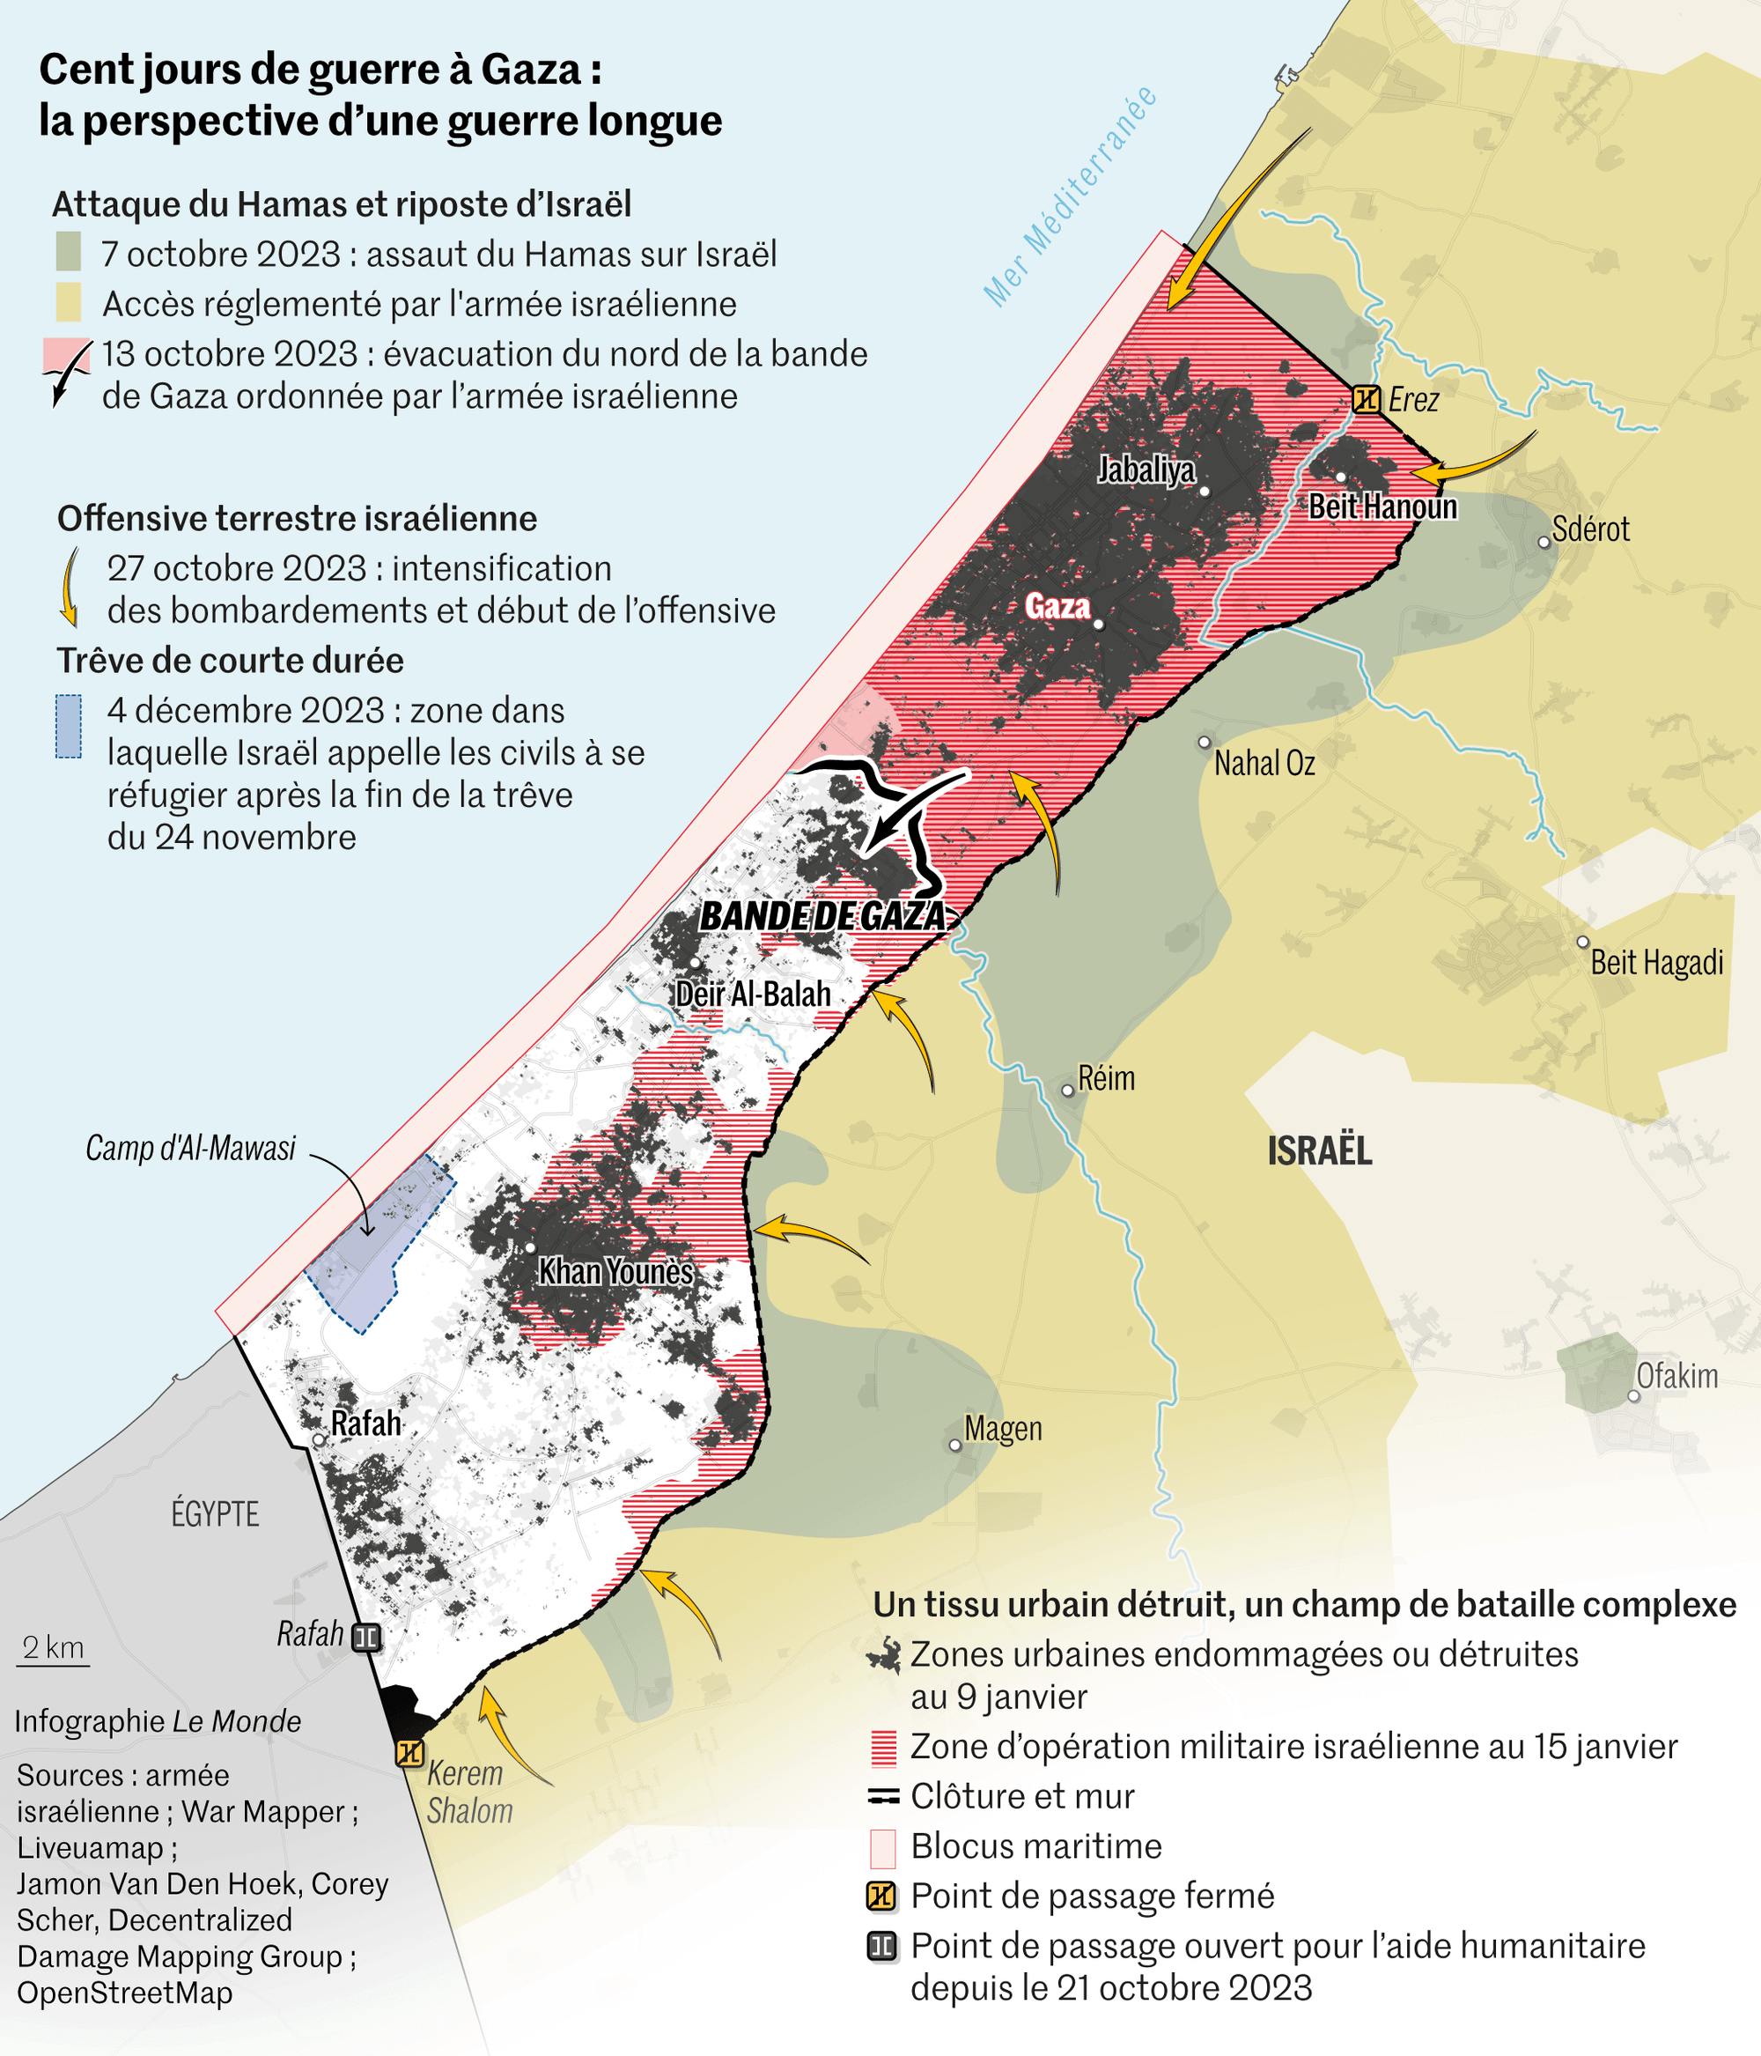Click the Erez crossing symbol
coord(1367,400)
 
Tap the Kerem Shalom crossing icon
coord(409,1753)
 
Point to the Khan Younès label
coord(615,1272)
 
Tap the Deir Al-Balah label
coord(752,995)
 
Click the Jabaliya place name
coord(1146,470)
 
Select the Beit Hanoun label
coord(1382,507)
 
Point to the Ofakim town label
coord(1676,1376)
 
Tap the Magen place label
coord(1003,1429)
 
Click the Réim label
coord(1105,1078)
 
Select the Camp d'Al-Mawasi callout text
coord(190,1148)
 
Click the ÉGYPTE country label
coord(216,1514)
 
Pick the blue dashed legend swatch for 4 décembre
coord(69,727)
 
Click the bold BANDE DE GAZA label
coord(822,916)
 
